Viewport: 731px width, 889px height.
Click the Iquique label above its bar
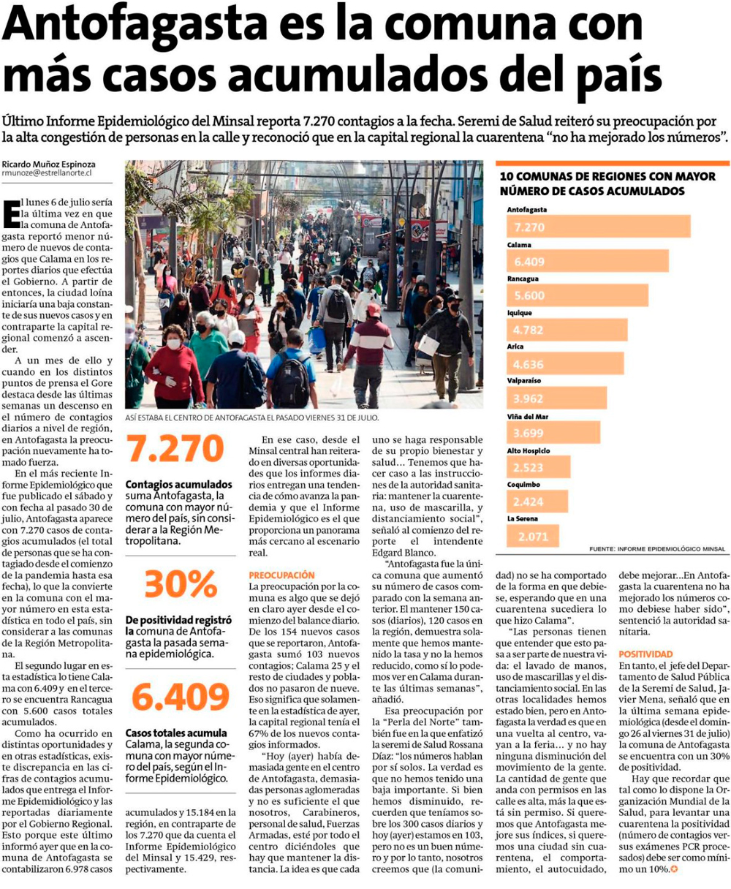[520, 313]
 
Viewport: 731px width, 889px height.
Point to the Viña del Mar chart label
[528, 416]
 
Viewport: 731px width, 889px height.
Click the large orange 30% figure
[175, 584]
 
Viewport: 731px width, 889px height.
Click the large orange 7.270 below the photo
[175, 449]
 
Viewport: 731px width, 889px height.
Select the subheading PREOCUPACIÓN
[281, 575]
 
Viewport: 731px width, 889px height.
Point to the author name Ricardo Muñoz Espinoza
[48, 164]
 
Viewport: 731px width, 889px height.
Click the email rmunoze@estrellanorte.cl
[47, 174]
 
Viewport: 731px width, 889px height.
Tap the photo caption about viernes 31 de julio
[252, 418]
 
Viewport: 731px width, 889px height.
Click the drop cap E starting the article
[11, 213]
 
